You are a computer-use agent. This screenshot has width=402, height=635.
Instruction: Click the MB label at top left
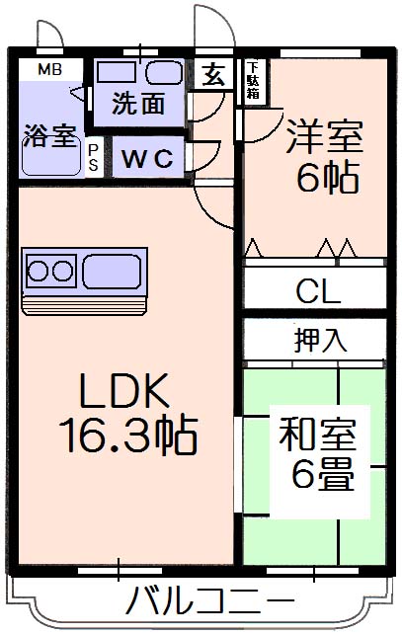49,70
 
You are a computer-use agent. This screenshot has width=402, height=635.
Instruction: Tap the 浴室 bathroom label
50,136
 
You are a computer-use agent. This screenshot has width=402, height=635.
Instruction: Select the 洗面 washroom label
137,104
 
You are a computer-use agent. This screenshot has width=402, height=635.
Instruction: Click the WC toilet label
147,158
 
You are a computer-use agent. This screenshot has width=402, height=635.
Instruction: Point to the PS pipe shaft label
93,158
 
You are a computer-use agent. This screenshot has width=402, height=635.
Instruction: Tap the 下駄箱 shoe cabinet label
253,80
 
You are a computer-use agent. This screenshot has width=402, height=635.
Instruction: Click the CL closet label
318,290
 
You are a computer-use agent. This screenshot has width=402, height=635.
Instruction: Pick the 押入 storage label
321,340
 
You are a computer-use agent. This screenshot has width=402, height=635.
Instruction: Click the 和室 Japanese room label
317,435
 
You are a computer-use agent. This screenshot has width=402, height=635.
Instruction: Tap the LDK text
124,390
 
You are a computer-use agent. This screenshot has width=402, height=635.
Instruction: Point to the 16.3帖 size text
128,434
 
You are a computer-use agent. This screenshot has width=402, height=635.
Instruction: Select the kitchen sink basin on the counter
112,272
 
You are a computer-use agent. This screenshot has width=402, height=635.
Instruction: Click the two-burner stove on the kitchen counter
50,271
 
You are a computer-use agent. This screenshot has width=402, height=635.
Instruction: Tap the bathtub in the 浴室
50,160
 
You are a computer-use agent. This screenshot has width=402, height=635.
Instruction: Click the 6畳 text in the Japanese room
323,474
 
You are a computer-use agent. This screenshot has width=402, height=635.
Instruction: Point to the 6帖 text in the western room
328,178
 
